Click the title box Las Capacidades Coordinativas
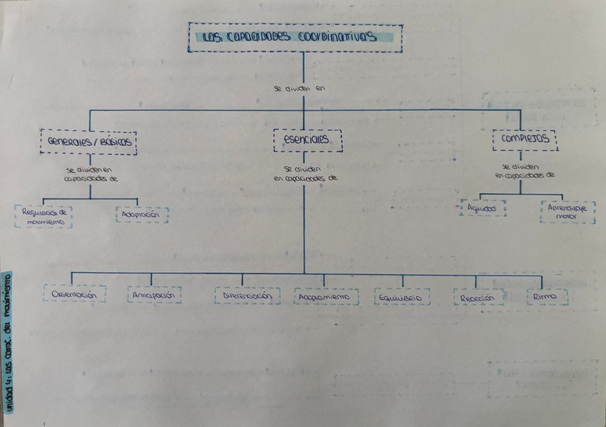click(294, 37)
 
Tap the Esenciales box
click(308, 140)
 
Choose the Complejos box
click(525, 139)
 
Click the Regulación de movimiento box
click(43, 216)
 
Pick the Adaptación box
click(142, 214)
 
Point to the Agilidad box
click(483, 208)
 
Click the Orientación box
click(74, 294)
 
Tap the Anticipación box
click(154, 295)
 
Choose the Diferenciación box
click(247, 295)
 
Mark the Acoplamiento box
click(326, 296)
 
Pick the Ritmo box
click(547, 296)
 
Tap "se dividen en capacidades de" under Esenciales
click(304, 175)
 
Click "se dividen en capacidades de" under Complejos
click(524, 170)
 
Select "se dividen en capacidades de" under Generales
click(90, 175)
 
